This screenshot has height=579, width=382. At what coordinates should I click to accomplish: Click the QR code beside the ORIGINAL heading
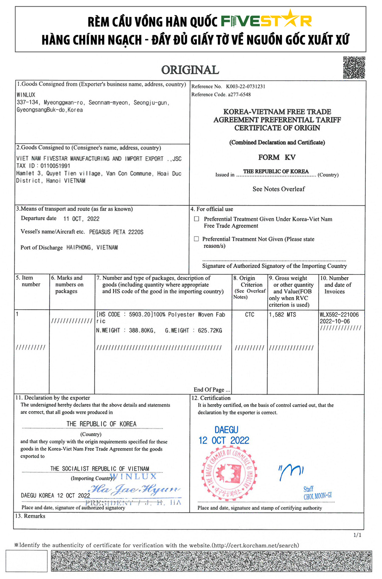354,68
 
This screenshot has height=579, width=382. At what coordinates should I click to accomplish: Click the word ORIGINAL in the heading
190,70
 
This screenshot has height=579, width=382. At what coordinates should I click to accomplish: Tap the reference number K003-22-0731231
245,86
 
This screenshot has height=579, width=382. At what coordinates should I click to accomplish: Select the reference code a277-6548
239,94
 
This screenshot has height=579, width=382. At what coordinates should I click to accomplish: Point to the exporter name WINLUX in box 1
26,95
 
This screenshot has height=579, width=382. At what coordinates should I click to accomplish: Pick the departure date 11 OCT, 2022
81,219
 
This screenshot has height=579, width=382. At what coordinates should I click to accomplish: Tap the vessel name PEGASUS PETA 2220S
116,232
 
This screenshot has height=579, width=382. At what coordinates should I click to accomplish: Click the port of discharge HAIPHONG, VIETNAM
92,247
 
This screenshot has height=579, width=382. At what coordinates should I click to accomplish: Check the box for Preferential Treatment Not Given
196,239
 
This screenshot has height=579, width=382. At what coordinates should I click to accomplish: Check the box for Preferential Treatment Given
196,219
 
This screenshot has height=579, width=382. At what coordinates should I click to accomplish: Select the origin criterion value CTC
250,315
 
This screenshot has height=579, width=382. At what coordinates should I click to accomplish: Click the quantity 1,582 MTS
283,315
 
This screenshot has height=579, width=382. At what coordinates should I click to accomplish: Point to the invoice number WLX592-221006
339,315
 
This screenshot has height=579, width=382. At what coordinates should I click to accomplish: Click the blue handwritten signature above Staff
291,471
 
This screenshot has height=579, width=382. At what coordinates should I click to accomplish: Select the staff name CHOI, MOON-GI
317,496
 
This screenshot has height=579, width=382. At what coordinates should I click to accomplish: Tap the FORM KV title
277,157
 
